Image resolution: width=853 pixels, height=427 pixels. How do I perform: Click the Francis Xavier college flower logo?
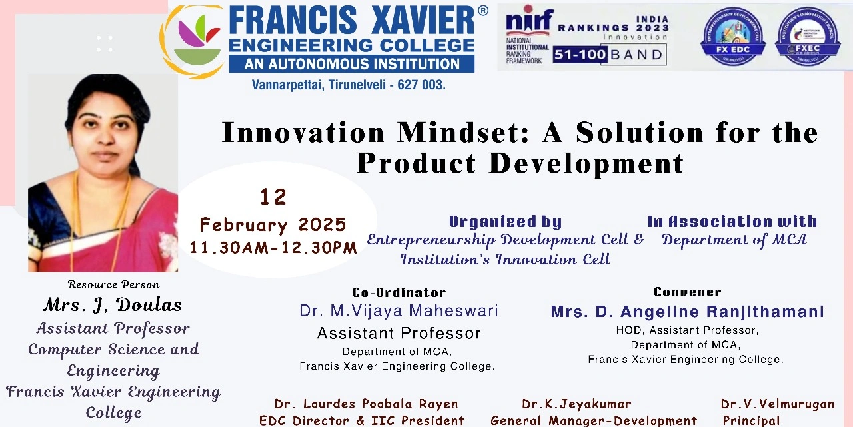193,41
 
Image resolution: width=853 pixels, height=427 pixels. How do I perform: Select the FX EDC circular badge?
732,37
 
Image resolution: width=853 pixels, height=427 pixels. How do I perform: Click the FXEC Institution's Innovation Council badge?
807,37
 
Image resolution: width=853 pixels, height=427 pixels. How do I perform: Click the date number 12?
273,197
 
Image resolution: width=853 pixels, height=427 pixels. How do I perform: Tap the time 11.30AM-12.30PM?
273,248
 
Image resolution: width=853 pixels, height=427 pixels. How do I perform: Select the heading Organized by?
505,222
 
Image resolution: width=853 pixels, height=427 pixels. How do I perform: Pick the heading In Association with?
732,221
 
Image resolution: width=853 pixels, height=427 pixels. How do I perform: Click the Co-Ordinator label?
399,292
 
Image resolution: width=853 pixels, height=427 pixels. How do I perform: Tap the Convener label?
687,292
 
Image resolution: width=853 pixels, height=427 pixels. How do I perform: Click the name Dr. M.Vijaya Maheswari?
399,310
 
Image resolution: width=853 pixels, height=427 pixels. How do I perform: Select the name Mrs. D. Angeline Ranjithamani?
687,312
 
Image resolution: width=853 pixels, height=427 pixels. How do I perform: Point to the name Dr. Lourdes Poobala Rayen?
366,404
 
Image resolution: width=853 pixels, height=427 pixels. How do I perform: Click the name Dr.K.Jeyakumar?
576,404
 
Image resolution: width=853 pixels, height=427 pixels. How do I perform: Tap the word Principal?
751,420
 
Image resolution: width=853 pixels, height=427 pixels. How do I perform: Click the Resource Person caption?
113,284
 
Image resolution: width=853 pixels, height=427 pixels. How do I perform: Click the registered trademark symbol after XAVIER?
482,11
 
